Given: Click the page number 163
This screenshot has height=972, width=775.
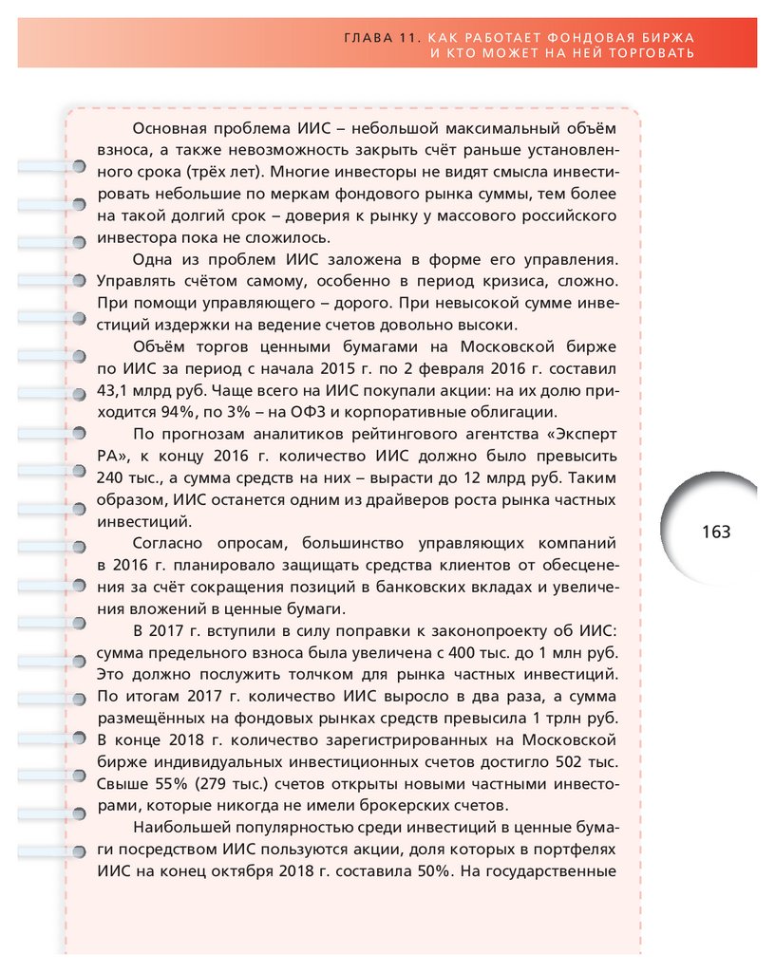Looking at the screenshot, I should [716, 532].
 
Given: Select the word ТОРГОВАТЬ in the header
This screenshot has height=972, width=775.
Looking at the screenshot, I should [650, 53].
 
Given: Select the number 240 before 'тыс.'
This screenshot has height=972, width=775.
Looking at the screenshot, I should [113, 477].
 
